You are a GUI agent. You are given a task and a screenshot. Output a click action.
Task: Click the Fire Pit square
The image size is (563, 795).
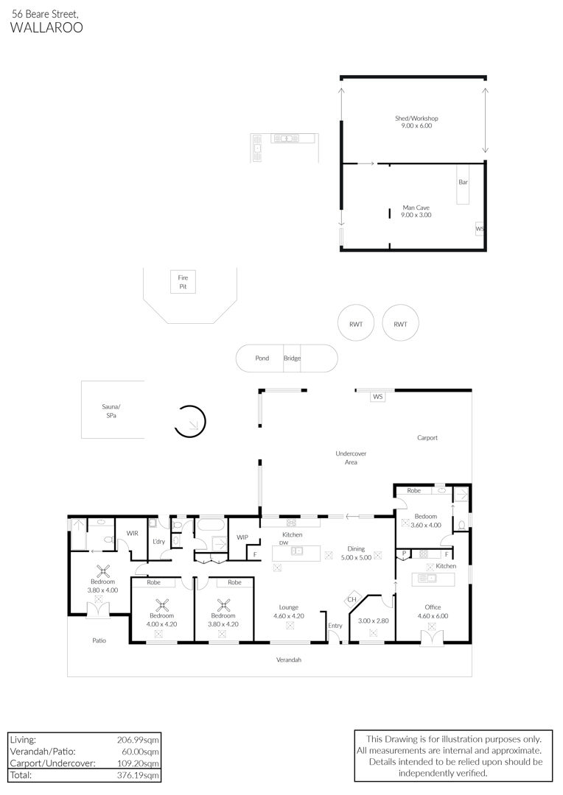click(183, 282)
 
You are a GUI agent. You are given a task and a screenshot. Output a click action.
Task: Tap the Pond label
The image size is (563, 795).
click(262, 358)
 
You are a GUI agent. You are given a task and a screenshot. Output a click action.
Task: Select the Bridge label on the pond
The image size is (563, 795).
click(292, 358)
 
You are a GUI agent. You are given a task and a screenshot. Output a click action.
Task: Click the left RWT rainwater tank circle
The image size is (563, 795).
click(356, 324)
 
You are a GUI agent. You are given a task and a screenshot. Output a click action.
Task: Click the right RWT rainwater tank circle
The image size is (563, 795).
click(401, 324)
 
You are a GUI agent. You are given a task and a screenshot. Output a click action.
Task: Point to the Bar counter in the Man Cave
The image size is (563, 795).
click(463, 184)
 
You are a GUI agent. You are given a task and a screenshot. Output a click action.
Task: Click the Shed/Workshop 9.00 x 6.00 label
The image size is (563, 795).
click(416, 121)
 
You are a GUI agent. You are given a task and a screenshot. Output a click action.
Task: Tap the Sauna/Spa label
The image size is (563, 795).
click(111, 411)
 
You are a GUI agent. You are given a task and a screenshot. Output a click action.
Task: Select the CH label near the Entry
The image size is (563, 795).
click(352, 599)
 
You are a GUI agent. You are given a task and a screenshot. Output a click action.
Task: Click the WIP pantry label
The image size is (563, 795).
click(242, 537)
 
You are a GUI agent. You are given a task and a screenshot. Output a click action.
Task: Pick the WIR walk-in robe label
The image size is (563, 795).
click(132, 534)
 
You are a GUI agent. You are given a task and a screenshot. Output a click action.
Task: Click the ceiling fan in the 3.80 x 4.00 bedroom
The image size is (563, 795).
click(104, 571)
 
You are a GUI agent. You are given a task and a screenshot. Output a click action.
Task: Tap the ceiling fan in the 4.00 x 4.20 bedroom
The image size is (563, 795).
click(162, 605)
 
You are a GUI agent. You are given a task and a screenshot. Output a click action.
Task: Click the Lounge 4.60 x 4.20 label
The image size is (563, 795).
click(289, 612)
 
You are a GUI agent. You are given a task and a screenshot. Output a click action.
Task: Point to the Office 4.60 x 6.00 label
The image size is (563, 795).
click(433, 612)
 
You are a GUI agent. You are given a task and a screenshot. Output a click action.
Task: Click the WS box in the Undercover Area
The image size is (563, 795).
click(378, 397)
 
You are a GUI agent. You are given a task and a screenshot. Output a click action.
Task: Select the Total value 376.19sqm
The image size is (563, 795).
click(138, 775)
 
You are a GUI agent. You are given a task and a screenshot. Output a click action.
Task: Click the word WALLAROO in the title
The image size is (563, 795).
click(46, 27)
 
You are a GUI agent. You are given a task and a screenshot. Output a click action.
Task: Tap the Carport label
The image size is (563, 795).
click(427, 437)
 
